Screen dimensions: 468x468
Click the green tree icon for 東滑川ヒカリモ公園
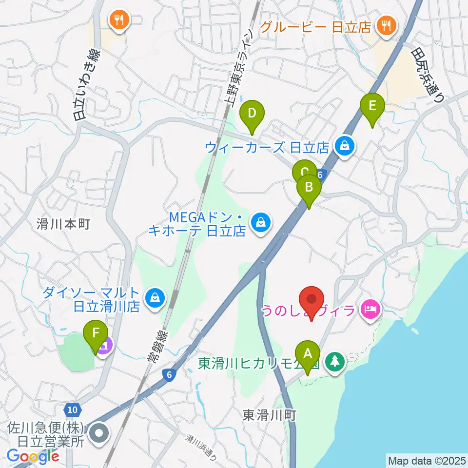point(335,362)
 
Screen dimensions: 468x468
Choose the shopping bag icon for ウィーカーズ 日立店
point(345,145)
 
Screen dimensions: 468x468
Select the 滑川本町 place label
point(64,224)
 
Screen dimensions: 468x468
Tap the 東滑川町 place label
point(270,415)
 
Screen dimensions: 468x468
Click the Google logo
point(33,456)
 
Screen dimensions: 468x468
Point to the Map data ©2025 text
point(426,460)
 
